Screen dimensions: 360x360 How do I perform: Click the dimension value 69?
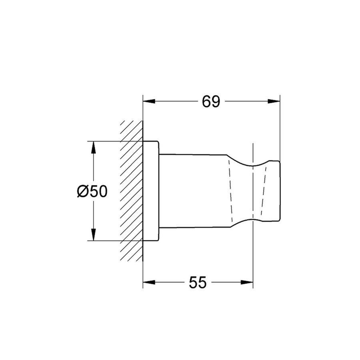[x=211, y=102]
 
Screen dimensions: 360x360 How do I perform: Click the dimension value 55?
[x=198, y=283]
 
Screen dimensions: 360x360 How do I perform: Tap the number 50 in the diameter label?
[x=98, y=192]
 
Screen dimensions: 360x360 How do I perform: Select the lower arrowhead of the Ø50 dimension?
[x=93, y=235]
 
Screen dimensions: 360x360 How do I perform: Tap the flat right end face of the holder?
[x=280, y=191]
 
